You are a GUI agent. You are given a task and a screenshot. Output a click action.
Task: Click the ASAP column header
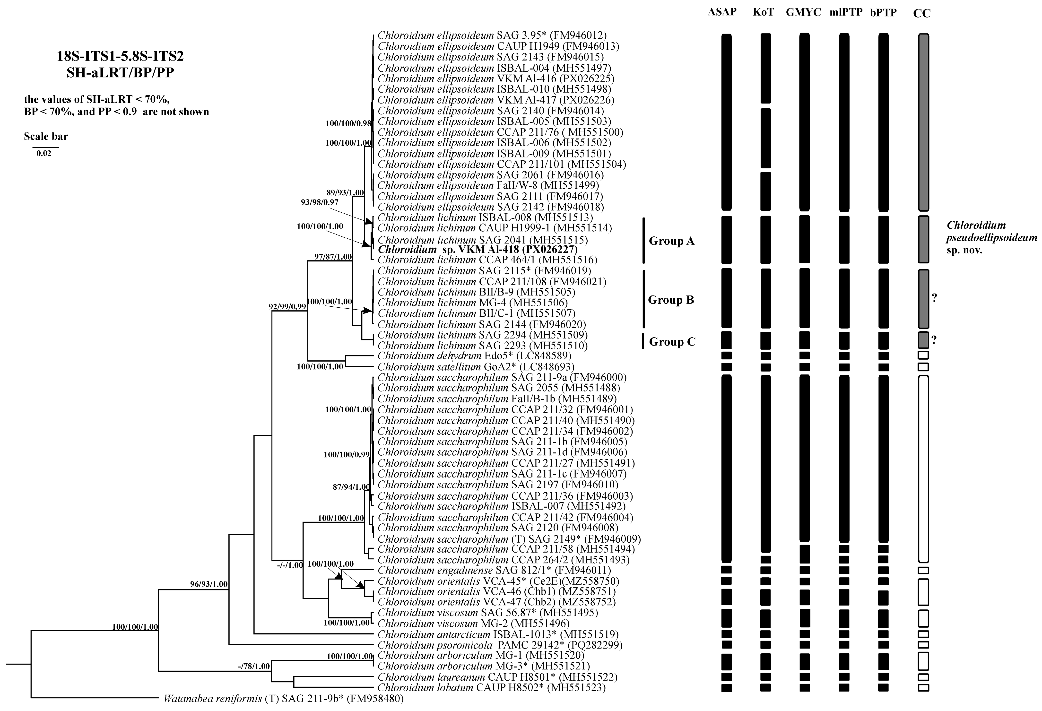click(x=722, y=12)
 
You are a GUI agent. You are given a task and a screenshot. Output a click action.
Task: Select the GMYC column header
click(x=803, y=12)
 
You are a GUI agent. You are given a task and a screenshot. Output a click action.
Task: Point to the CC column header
click(x=922, y=13)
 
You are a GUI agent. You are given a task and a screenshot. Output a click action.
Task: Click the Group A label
click(x=671, y=241)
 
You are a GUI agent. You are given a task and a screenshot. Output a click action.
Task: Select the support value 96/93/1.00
click(x=208, y=584)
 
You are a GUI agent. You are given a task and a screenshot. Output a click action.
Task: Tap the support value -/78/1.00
click(x=254, y=666)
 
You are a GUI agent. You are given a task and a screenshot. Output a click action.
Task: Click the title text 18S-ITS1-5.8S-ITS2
click(x=120, y=56)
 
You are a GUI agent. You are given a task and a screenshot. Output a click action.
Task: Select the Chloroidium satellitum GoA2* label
click(x=476, y=367)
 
